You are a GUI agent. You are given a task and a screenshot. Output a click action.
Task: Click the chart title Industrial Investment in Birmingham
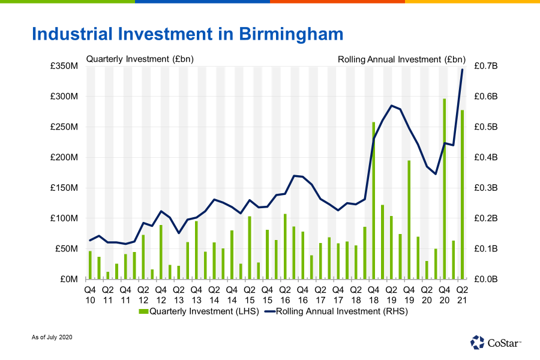tap(187, 33)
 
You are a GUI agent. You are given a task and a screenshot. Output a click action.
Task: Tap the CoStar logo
tap(496, 342)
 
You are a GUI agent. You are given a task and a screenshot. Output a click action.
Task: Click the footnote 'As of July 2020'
tap(52, 338)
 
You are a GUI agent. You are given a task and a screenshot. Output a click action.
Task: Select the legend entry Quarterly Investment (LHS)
tap(198, 311)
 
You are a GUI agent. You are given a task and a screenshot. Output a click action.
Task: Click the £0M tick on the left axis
tap(67, 279)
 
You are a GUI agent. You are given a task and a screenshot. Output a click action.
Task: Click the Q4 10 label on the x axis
tap(90, 294)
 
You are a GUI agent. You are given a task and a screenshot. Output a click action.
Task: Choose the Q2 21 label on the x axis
tap(462, 294)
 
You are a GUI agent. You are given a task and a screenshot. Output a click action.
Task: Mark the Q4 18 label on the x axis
tap(373, 294)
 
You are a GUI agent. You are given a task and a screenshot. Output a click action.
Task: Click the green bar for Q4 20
tap(445, 189)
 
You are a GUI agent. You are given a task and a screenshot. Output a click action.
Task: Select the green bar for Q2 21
tap(462, 194)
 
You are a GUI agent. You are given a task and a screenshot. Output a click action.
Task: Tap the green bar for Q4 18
tap(373, 200)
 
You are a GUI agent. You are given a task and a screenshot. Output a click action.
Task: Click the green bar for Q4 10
tap(90, 265)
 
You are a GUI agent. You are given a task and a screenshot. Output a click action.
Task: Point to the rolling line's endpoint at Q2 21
tap(462, 70)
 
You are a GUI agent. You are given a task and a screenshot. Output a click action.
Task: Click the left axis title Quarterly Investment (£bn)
tap(140, 59)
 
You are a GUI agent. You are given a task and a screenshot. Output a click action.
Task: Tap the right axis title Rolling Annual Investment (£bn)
tap(401, 59)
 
